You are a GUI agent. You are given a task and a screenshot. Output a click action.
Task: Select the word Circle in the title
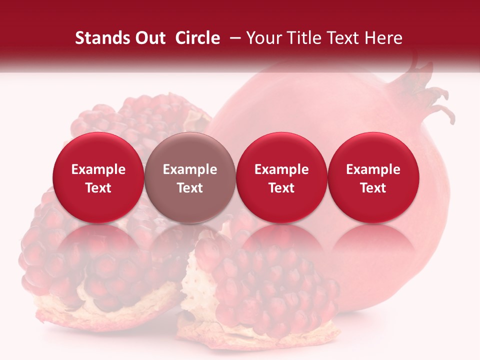click(x=197, y=38)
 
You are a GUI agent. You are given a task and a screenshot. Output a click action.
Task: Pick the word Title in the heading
click(x=304, y=38)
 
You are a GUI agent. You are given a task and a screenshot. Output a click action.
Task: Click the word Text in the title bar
click(x=344, y=38)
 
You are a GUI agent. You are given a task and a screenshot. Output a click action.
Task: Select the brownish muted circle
click(x=190, y=178)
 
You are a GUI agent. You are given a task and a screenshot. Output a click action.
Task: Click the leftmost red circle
click(x=98, y=178)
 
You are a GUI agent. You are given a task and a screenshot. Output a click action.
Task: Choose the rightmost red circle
click(x=373, y=178)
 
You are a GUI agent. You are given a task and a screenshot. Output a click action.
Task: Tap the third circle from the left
click(x=281, y=178)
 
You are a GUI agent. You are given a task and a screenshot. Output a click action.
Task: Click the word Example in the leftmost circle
click(x=98, y=169)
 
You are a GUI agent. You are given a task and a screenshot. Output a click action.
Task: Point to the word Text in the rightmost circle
click(x=373, y=188)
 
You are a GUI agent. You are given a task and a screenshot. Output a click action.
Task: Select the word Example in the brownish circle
click(x=190, y=169)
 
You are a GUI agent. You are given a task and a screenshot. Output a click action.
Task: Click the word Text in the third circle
click(x=281, y=188)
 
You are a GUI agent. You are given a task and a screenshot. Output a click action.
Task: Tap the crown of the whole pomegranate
click(x=425, y=92)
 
